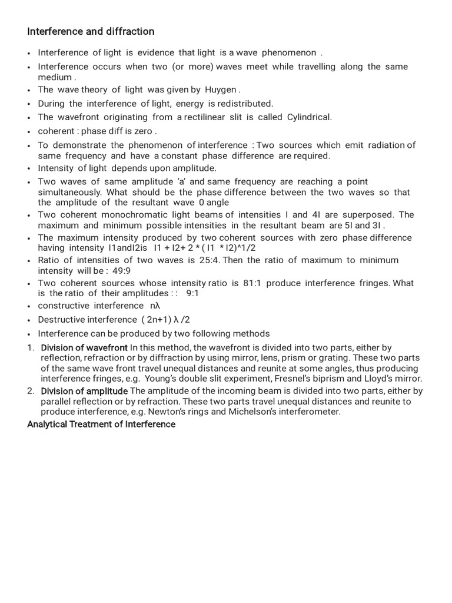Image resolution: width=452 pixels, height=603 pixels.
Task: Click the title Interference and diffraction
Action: point(91,31)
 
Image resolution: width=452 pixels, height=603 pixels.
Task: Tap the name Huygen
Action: point(221,90)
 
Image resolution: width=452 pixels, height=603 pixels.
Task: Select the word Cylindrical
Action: point(309,117)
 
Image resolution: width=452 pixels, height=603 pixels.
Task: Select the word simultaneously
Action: point(68,193)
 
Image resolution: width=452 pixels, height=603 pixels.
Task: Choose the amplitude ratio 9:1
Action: point(192,293)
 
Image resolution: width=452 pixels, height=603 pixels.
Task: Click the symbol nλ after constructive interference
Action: point(155,306)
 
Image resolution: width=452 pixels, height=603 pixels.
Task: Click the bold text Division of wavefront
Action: point(84,348)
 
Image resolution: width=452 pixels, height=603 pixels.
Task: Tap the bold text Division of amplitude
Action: point(84,391)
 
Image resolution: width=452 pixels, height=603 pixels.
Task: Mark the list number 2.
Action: point(31,391)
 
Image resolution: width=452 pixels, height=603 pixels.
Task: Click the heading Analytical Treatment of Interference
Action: point(101,424)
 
